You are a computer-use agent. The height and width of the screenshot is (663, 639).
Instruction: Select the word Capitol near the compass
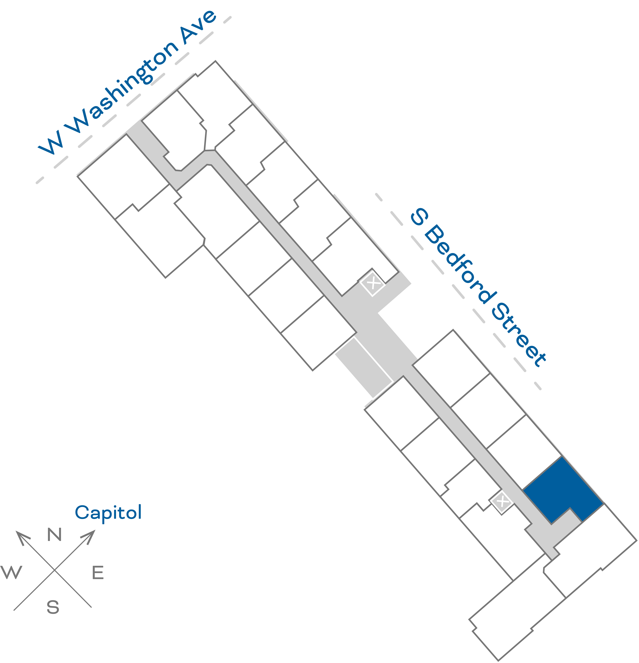[108, 513]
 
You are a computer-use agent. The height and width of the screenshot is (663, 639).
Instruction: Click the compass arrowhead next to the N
[22, 537]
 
